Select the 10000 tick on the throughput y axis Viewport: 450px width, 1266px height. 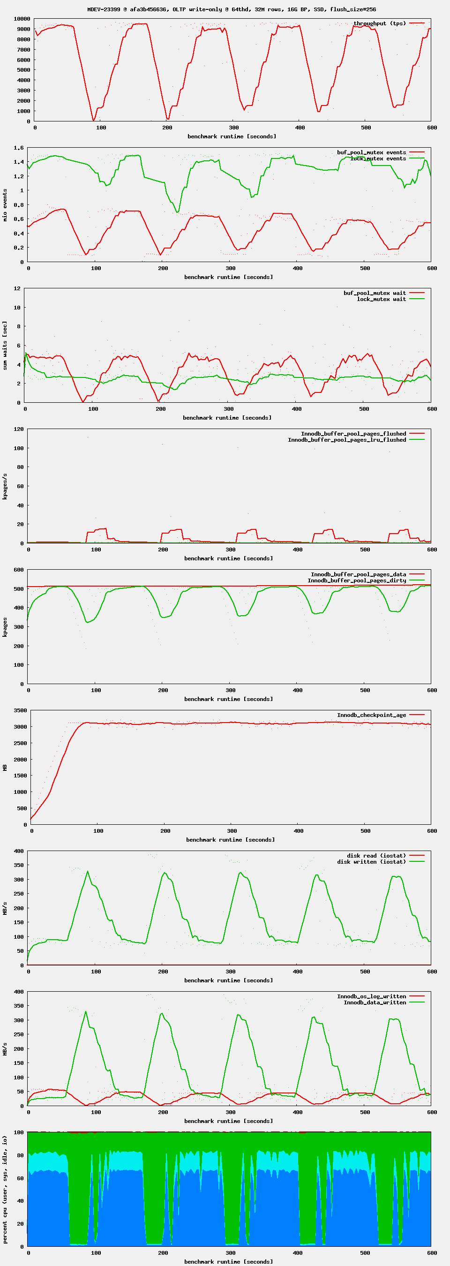click(22, 19)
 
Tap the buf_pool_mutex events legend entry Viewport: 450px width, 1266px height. click(371, 152)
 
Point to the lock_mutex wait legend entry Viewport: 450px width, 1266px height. click(381, 299)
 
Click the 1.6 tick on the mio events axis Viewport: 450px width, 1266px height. click(19, 148)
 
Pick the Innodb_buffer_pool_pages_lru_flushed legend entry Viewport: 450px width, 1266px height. click(347, 440)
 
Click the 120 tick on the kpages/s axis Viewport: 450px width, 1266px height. click(19, 429)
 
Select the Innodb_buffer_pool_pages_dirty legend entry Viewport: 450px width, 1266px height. click(357, 580)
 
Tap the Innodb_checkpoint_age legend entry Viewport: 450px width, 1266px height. click(371, 715)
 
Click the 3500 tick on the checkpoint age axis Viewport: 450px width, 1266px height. click(20, 711)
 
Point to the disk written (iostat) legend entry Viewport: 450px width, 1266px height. click(371, 861)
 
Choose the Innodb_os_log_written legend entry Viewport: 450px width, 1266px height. click(371, 996)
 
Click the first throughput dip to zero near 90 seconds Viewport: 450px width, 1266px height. click(93, 120)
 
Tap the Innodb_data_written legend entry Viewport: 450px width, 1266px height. click(375, 1002)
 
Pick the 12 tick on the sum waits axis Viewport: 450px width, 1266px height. click(17, 288)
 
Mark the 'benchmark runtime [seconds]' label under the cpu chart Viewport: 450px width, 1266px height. click(228, 1262)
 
